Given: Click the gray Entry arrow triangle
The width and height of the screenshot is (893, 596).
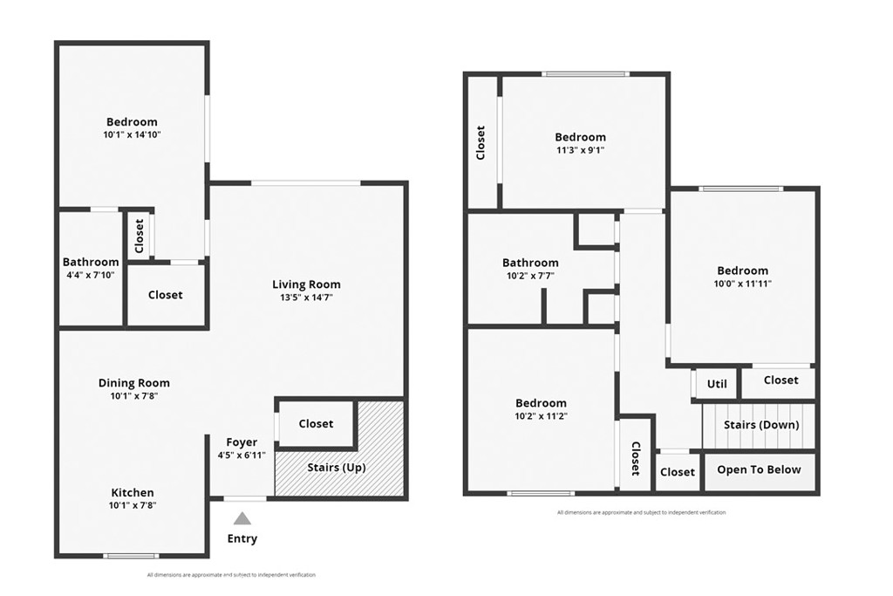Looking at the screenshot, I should click(x=242, y=518).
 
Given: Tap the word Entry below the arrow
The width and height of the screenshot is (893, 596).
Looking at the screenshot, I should click(x=242, y=538).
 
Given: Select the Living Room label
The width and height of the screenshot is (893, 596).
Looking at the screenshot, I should click(x=306, y=284).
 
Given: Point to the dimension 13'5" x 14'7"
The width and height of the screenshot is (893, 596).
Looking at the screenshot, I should click(x=306, y=298).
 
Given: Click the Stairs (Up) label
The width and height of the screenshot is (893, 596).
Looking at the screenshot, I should click(x=337, y=468).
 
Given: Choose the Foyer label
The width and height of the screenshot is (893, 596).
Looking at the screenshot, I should click(x=242, y=442).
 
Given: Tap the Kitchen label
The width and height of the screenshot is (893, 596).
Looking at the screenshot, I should click(x=133, y=493).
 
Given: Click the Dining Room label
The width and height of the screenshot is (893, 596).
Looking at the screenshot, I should click(x=133, y=383).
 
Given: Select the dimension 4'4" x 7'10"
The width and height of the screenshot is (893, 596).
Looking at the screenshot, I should click(x=91, y=275).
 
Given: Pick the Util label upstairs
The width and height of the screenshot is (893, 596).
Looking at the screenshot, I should click(x=716, y=384).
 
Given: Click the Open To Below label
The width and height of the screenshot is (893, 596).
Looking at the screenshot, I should click(x=759, y=469).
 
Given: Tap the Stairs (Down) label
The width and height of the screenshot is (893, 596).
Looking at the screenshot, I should click(x=761, y=425).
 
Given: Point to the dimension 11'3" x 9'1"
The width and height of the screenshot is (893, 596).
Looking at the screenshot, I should click(x=580, y=150).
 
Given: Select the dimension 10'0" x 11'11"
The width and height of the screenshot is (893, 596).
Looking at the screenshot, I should click(x=743, y=284).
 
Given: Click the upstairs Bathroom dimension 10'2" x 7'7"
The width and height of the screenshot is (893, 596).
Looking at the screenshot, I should click(x=530, y=276).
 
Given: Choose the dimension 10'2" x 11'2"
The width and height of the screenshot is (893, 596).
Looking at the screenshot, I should click(x=541, y=416).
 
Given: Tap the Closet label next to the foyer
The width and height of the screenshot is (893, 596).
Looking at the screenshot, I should click(x=316, y=424).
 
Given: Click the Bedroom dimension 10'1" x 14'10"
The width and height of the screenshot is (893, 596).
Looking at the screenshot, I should click(x=133, y=135).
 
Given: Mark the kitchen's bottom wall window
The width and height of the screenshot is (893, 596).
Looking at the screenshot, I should click(x=131, y=556).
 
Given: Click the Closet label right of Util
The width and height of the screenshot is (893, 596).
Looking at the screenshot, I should click(x=781, y=380).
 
